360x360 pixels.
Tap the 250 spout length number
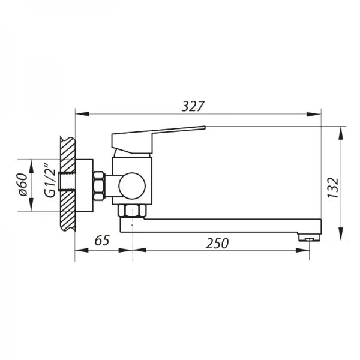[217, 243]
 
